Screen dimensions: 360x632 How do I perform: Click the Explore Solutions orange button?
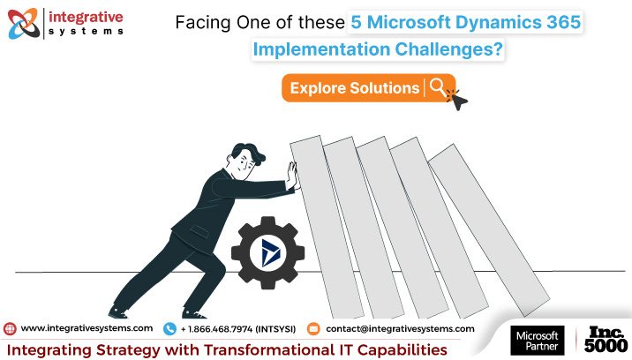coord(354,88)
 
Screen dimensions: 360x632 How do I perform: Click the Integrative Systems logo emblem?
coord(24,24)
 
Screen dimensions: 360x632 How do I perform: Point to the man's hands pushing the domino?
coord(290,176)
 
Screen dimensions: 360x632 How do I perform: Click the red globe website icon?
coord(10,328)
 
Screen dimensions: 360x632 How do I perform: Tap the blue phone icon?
coord(169,328)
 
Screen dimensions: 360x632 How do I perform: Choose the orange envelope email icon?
coord(312,328)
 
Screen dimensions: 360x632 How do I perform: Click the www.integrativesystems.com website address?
coord(87,328)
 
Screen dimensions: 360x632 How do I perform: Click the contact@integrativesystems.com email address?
coord(400,328)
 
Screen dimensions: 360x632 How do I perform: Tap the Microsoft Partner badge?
coord(537,341)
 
